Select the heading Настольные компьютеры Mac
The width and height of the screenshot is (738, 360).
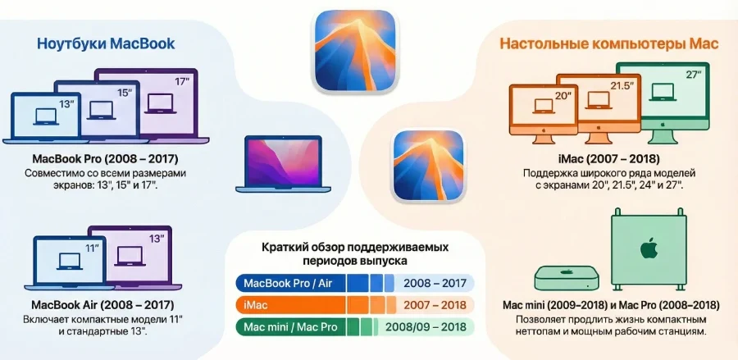click(x=609, y=44)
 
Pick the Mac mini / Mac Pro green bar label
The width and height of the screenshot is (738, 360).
click(x=289, y=326)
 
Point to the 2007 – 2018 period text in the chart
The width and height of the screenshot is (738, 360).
click(x=435, y=305)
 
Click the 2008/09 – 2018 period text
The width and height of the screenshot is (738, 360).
click(x=426, y=326)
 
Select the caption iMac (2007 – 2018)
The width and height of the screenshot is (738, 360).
click(x=608, y=158)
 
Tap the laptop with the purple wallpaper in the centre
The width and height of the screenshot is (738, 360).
click(x=275, y=164)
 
